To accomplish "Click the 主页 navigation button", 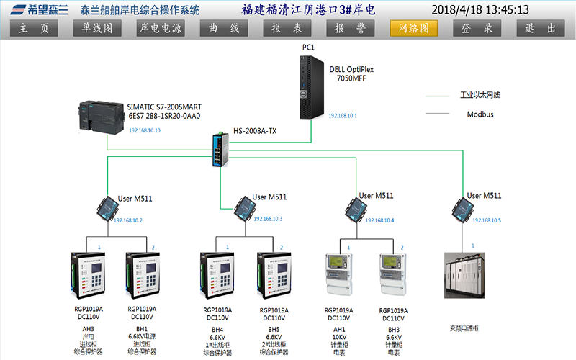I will pyautogui.click(x=35, y=28).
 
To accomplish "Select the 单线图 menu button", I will pyautogui.click(x=97, y=28).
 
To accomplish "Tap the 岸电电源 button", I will pyautogui.click(x=160, y=28).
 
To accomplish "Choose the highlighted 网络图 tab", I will pyautogui.click(x=414, y=28).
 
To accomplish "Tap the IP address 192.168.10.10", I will pyautogui.click(x=145, y=131).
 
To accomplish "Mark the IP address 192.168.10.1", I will pyautogui.click(x=343, y=116).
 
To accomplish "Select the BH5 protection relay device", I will pyautogui.click(x=274, y=277).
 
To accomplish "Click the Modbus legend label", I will pyautogui.click(x=480, y=114).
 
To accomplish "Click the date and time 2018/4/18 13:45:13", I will pyautogui.click(x=480, y=10).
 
